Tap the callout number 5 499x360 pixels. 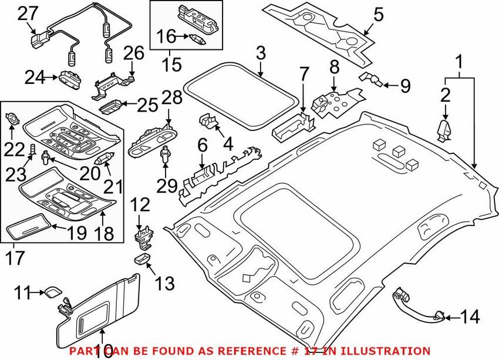(x=378, y=14)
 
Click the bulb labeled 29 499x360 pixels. (x=166, y=156)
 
